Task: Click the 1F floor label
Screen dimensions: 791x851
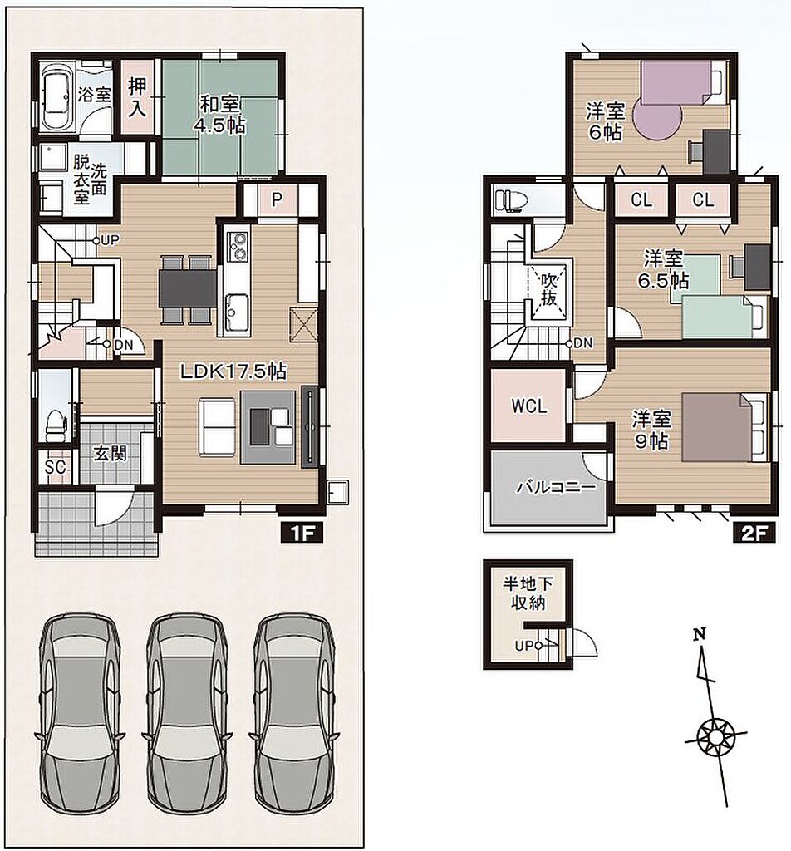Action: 302,533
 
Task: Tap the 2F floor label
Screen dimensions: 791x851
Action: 754,533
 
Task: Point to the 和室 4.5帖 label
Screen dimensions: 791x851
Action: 220,115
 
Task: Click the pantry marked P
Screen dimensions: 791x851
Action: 278,200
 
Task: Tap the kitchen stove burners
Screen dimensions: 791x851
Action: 238,245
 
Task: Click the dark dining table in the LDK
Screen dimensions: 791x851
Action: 187,288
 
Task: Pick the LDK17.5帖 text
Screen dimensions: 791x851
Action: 233,371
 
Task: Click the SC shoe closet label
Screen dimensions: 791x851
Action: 56,466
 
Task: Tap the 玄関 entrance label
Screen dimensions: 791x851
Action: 111,453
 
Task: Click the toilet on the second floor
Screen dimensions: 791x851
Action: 508,200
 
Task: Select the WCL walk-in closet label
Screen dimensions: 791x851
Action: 529,406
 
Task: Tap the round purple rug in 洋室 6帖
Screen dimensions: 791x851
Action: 657,120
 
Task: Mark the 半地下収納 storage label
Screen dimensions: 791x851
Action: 528,593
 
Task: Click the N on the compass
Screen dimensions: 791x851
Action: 700,633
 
